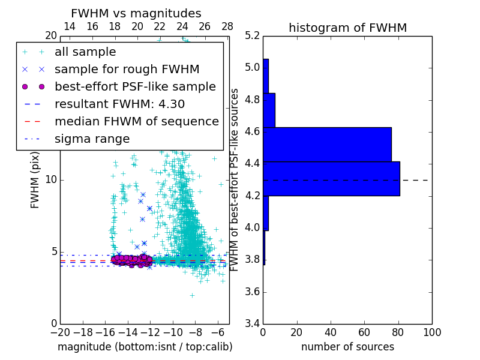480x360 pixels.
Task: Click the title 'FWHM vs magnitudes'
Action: pos(136,13)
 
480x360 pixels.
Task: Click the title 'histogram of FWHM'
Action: pos(347,28)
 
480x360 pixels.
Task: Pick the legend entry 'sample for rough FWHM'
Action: pos(127,70)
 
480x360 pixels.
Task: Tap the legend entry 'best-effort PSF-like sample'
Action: pos(135,87)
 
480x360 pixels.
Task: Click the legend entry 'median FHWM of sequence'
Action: pos(136,122)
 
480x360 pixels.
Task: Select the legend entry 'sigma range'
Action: pos(92,139)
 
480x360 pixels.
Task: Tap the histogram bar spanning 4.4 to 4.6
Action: pos(327,145)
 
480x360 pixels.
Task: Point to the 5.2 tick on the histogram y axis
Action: pos(253,35)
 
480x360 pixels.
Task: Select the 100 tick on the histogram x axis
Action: pos(431,332)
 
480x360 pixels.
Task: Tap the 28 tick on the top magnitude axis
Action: pos(227,26)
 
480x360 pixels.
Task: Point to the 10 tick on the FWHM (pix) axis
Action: pos(51,180)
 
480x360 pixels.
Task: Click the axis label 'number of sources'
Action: pos(347,347)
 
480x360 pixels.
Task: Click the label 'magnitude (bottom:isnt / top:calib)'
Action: pos(145,347)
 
